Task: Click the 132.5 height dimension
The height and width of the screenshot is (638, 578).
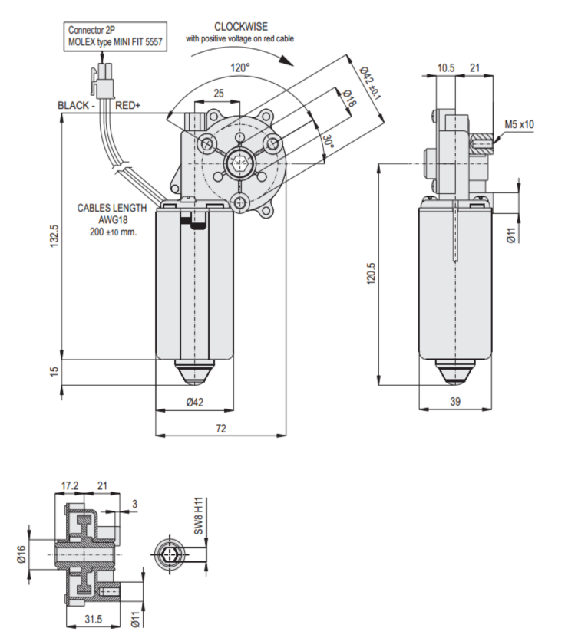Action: pos(54,242)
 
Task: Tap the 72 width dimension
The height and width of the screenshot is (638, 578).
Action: pos(221,429)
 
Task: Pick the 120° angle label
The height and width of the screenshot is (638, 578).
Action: pos(240,67)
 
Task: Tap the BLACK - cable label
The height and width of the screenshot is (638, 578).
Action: pos(76,106)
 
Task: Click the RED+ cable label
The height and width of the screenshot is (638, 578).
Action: pos(128,106)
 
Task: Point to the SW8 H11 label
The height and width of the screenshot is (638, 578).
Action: pos(198,515)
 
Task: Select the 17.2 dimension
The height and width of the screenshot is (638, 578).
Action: pos(70,485)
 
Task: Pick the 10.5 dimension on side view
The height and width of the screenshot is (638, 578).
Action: pos(445,68)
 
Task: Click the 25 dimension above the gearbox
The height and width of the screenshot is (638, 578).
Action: pos(219,94)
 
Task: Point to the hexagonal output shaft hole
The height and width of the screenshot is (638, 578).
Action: pos(240,163)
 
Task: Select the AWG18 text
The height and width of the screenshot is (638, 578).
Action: pos(112,219)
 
